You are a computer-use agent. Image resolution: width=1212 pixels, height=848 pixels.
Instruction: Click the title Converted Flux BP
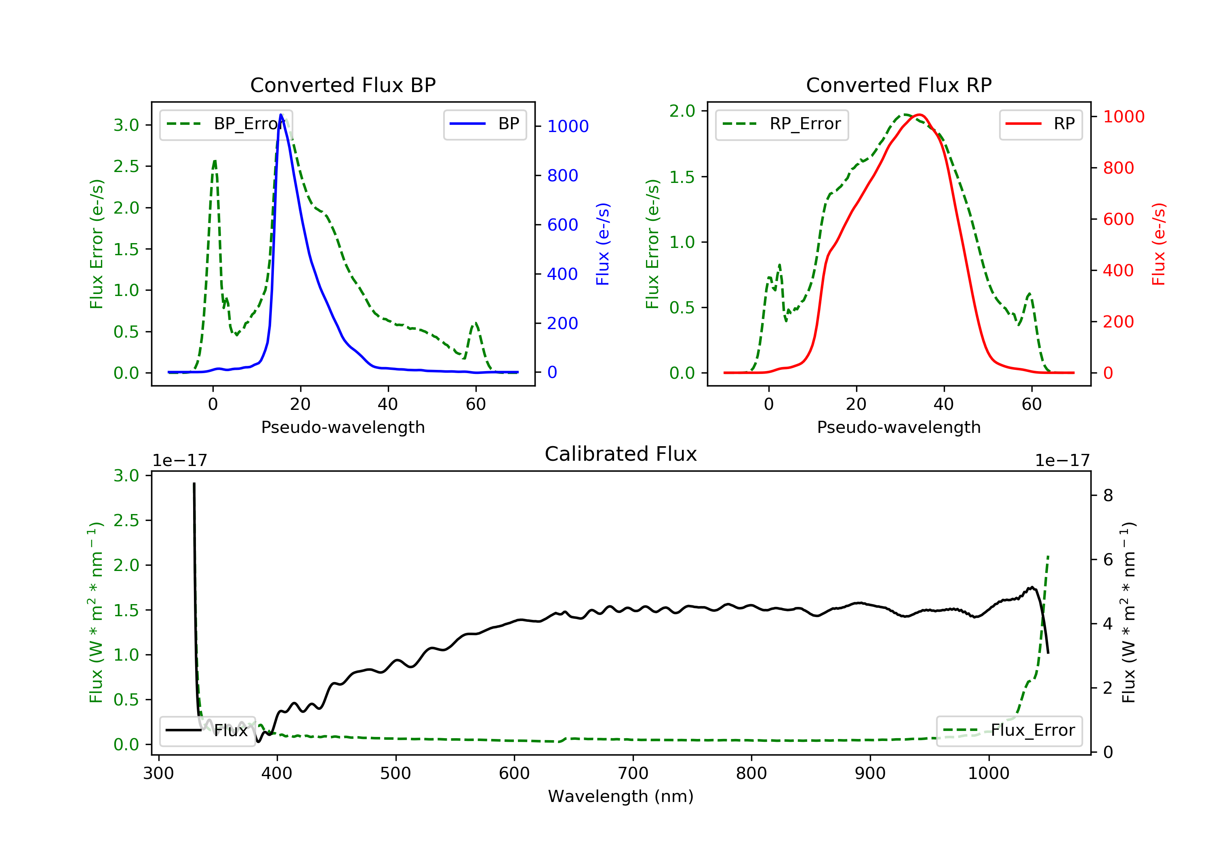pyautogui.click(x=343, y=85)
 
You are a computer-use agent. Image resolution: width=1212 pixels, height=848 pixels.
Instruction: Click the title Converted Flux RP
pyautogui.click(x=898, y=85)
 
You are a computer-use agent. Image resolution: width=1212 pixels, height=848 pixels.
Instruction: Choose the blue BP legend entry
pyautogui.click(x=484, y=124)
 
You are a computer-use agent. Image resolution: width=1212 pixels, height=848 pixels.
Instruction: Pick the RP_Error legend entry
pyautogui.click(x=781, y=124)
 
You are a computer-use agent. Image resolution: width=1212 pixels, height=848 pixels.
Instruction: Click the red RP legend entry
pyautogui.click(x=1040, y=124)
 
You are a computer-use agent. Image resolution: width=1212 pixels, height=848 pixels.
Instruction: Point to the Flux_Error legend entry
pyautogui.click(x=1009, y=730)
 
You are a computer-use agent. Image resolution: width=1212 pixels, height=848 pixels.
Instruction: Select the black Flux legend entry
pyautogui.click(x=207, y=730)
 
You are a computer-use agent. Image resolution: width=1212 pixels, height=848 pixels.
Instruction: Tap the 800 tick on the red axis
pyautogui.click(x=1118, y=168)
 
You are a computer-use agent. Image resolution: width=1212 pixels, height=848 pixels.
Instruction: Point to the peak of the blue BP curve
pyautogui.click(x=281, y=115)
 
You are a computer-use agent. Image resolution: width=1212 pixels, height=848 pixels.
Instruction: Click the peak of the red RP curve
pyautogui.click(x=919, y=115)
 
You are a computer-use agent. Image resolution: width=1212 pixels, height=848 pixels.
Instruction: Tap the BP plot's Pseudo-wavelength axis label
pyautogui.click(x=343, y=427)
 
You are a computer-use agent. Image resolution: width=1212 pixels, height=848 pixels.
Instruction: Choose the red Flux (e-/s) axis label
pyautogui.click(x=1158, y=244)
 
